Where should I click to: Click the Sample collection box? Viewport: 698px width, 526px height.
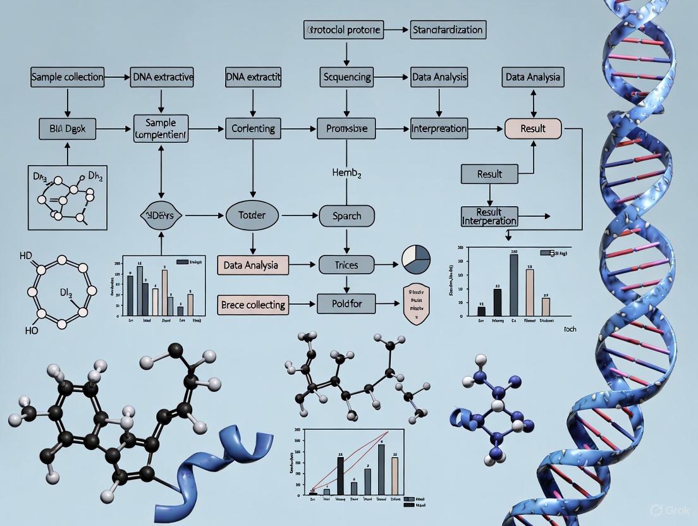click(67, 78)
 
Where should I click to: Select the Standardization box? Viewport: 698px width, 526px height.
click(447, 30)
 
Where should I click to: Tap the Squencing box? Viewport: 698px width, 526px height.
click(347, 78)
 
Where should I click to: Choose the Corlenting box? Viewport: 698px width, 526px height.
click(253, 128)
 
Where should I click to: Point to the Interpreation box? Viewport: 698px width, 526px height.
click(439, 128)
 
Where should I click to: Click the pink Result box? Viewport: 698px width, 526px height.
click(533, 128)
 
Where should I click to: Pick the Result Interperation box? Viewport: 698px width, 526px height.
click(489, 216)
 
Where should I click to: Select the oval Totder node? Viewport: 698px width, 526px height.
click(252, 216)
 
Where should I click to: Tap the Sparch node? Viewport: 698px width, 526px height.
click(346, 216)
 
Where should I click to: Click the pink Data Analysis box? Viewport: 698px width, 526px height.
click(253, 265)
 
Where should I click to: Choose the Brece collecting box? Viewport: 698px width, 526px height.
click(253, 305)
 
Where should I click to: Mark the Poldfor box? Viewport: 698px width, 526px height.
click(346, 305)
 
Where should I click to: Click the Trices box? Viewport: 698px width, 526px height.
click(346, 265)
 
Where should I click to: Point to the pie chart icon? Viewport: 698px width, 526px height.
click(416, 260)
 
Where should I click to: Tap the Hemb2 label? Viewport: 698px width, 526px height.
click(346, 172)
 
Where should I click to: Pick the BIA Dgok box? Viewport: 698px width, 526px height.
click(67, 128)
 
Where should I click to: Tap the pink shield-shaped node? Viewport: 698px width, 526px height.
click(416, 305)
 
